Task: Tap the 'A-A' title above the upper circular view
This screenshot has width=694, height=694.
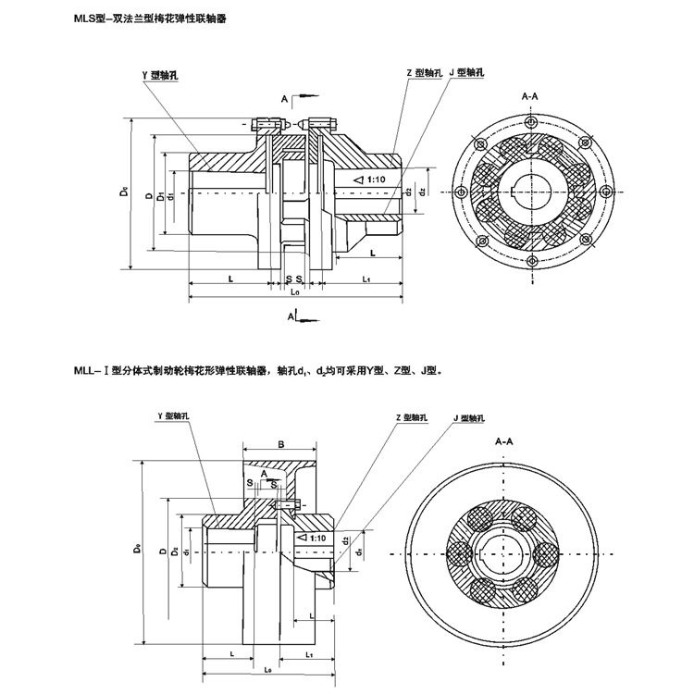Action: click(532, 95)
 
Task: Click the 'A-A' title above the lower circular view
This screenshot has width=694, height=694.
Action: click(504, 442)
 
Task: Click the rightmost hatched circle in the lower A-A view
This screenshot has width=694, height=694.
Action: click(547, 553)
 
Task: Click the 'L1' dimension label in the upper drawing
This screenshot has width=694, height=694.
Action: click(366, 278)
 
